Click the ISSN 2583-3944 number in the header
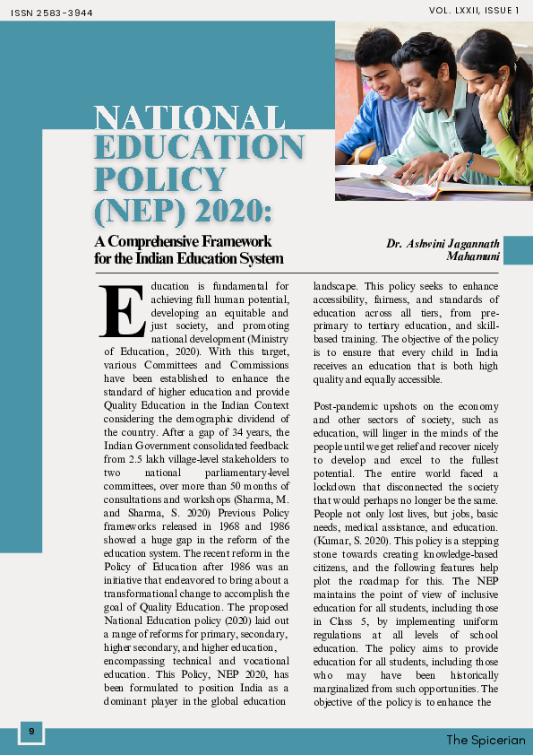pos(51,13)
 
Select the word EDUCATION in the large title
pos(199,148)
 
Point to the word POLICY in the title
pos(160,178)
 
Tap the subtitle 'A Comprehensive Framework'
pos(183,241)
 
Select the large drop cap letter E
pos(123,313)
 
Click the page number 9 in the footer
pos(31,732)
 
